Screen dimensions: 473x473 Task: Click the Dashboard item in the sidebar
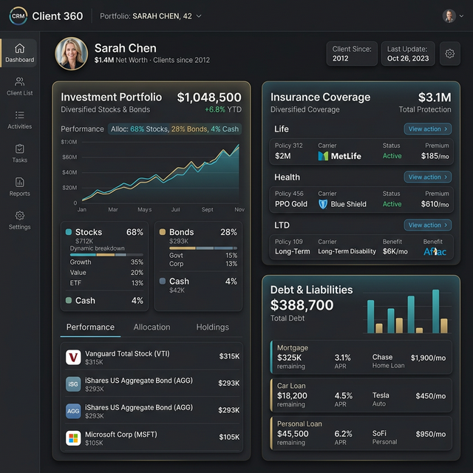(x=19, y=52)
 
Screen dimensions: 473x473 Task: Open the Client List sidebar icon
(x=19, y=86)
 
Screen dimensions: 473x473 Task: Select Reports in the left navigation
(x=19, y=186)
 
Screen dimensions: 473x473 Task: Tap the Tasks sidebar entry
(x=19, y=153)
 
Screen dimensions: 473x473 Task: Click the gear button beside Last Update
(x=449, y=54)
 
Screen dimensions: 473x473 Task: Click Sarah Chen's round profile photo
(x=72, y=54)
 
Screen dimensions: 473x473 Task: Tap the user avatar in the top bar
(x=449, y=16)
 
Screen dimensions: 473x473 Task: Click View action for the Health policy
(x=427, y=177)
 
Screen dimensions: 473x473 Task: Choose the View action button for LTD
(x=427, y=225)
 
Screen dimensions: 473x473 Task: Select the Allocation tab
(x=152, y=327)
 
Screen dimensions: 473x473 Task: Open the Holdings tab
(x=212, y=327)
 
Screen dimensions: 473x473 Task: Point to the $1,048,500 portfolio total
(x=209, y=98)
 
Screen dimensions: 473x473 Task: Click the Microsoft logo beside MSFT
(x=73, y=438)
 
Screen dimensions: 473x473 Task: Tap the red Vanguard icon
(x=73, y=358)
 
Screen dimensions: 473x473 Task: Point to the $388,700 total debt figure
(x=302, y=305)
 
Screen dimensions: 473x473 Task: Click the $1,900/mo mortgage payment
(x=428, y=358)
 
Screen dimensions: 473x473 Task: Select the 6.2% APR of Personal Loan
(x=343, y=434)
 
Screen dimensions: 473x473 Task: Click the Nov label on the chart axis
(x=239, y=210)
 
